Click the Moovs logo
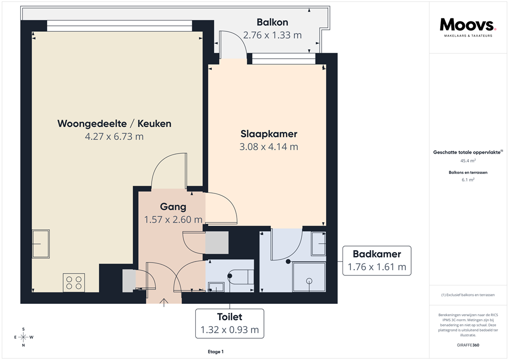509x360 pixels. point(467,26)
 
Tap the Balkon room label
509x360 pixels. point(272,22)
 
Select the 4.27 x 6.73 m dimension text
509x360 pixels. point(114,136)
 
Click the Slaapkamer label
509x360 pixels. point(269,134)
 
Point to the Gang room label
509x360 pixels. point(173,207)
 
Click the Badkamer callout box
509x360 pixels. point(377,261)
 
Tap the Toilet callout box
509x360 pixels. point(229,323)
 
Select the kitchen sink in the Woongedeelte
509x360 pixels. point(40,244)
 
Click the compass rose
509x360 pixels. point(23,337)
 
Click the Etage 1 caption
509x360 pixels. point(216,352)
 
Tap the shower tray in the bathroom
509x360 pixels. point(309,277)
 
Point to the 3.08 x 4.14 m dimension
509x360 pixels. point(269,147)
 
